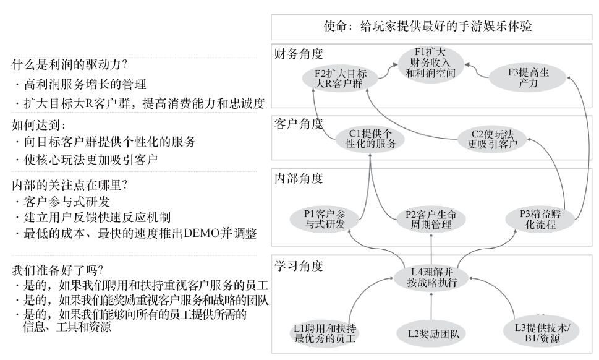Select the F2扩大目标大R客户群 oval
coord(336,78)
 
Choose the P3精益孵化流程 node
coord(539,218)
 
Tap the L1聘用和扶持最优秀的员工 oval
coord(325,332)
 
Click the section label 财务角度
coord(299,54)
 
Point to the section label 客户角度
coord(299,124)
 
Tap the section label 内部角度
coord(299,179)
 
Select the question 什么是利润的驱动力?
coord(70,64)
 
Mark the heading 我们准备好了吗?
coord(57,270)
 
